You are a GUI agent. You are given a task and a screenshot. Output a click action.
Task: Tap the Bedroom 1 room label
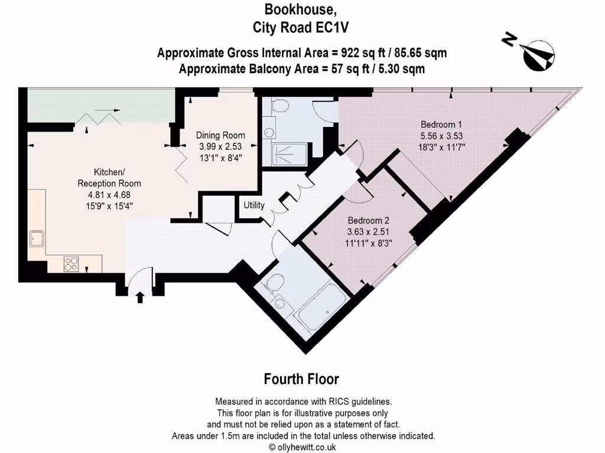click(x=441, y=124)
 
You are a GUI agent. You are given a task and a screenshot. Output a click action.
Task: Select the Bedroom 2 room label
click(x=367, y=220)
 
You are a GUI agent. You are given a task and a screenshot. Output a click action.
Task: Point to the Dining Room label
click(x=220, y=136)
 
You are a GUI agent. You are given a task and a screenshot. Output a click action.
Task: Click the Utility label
click(x=254, y=205)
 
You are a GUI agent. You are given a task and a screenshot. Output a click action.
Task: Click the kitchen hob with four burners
click(x=71, y=263)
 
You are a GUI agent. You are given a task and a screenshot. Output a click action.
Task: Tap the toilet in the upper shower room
click(x=280, y=107)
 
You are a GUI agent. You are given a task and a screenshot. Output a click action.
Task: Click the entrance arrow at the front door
click(x=140, y=296)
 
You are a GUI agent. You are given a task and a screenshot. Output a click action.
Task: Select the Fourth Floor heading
click(x=301, y=379)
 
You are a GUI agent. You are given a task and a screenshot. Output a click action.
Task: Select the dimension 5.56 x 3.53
click(x=441, y=136)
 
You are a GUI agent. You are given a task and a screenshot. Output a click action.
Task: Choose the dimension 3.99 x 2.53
click(x=220, y=146)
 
